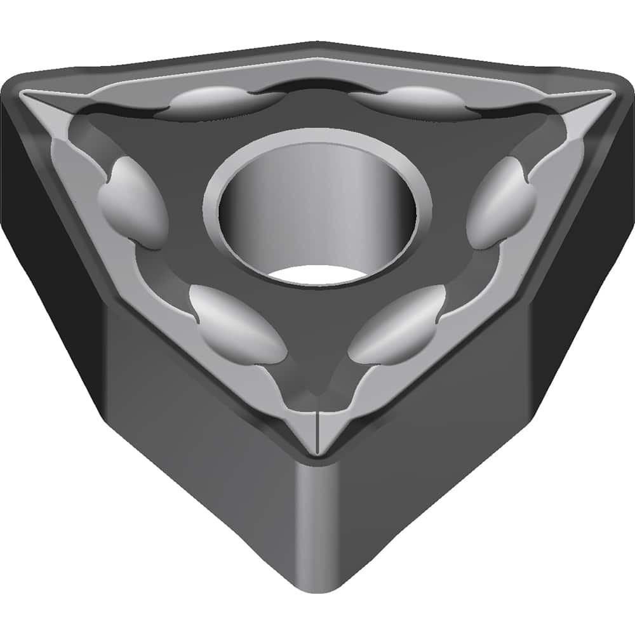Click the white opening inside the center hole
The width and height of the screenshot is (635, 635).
[317, 274]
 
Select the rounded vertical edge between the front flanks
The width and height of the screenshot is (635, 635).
[316, 527]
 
